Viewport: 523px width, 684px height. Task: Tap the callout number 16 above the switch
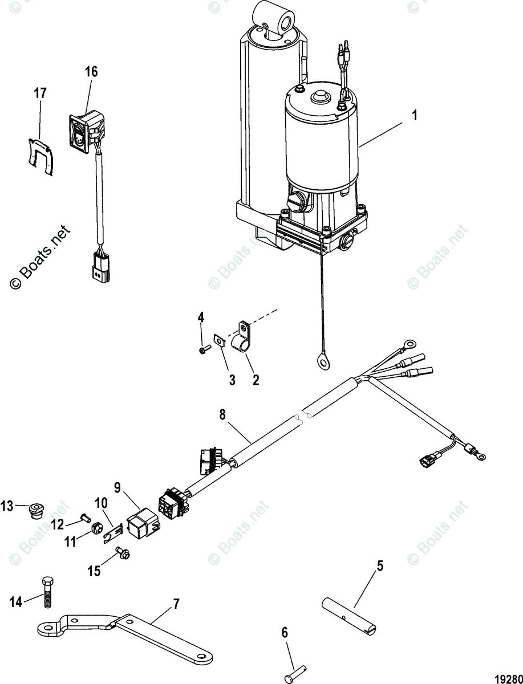pyautogui.click(x=91, y=72)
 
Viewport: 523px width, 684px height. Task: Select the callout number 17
pyautogui.click(x=40, y=93)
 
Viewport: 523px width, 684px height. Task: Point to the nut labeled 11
pyautogui.click(x=96, y=534)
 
